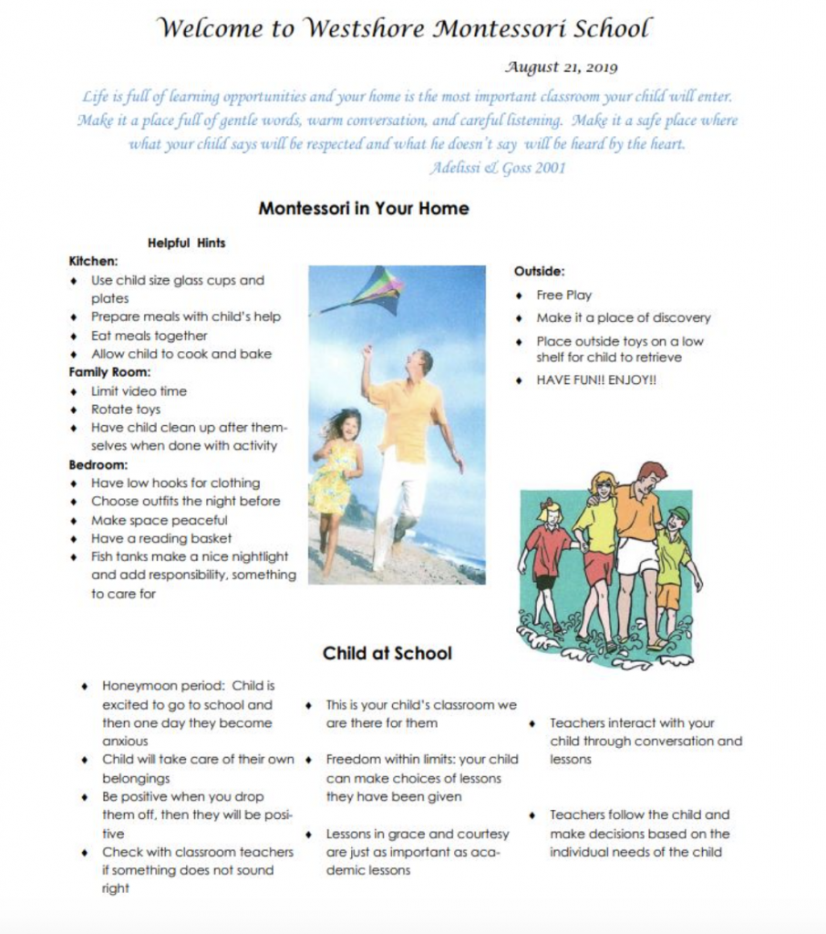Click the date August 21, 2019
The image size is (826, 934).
click(560, 67)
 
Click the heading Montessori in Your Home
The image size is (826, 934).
click(363, 208)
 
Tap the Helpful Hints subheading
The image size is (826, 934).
click(186, 243)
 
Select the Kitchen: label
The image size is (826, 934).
click(93, 261)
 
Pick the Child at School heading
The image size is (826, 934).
click(387, 653)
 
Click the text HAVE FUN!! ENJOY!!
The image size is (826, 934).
click(595, 379)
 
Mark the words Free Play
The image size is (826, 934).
click(563, 296)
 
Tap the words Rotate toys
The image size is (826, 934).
click(125, 410)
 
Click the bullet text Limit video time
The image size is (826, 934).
click(139, 391)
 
